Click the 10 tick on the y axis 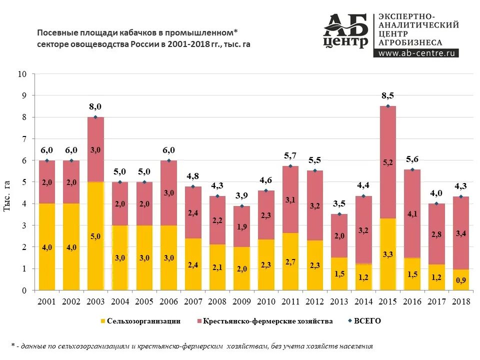click(22, 74)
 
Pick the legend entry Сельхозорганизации click(140, 321)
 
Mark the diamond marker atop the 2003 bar click(95, 117)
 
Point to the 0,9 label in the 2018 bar click(460, 281)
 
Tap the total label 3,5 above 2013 click(339, 204)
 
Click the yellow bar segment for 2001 click(46, 246)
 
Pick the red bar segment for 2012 click(314, 205)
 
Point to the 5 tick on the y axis click(24, 182)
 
